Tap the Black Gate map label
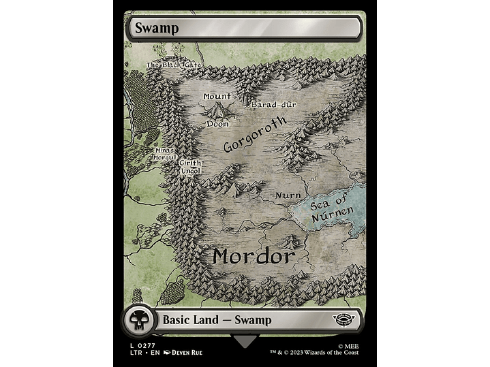tap(174, 65)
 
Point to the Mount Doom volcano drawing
tap(219, 109)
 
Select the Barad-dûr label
tap(273, 105)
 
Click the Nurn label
tap(288, 195)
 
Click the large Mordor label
tap(253, 257)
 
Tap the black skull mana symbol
tap(138, 321)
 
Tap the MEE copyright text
tap(348, 346)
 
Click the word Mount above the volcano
tap(217, 97)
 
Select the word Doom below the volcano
tap(218, 124)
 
